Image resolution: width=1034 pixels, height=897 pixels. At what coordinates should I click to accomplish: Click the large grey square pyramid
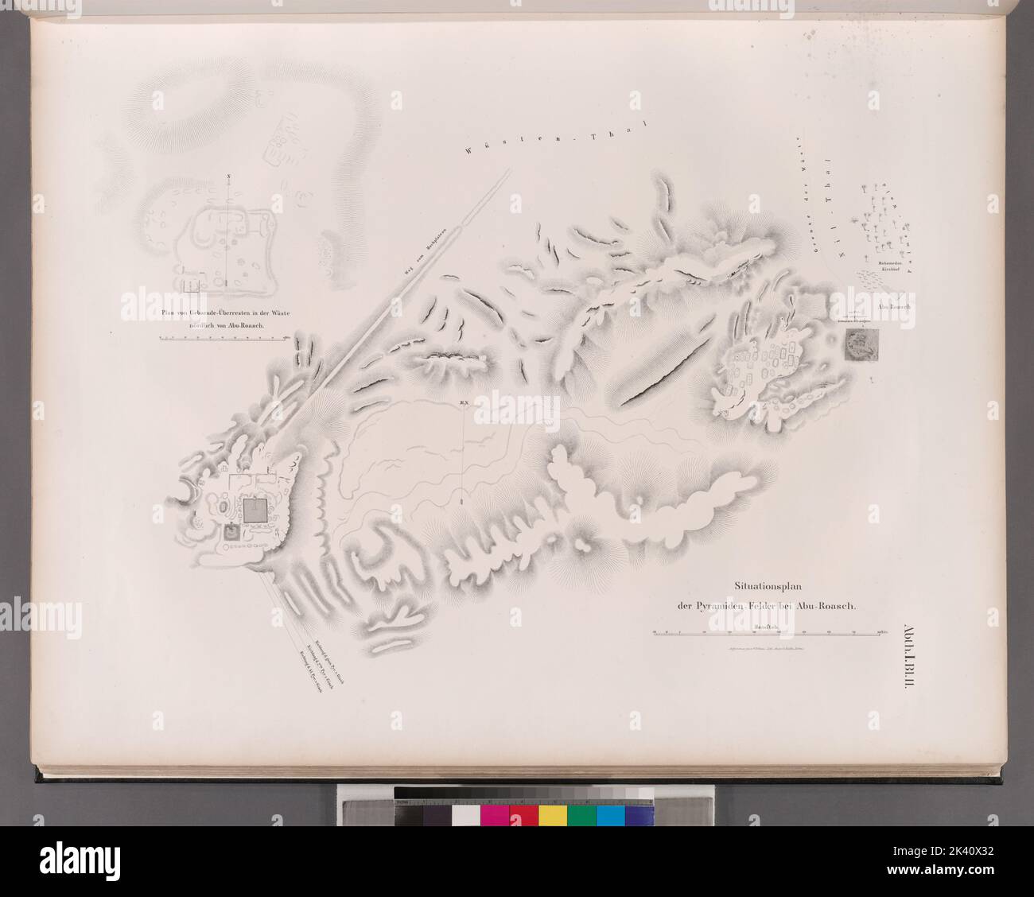255,511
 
